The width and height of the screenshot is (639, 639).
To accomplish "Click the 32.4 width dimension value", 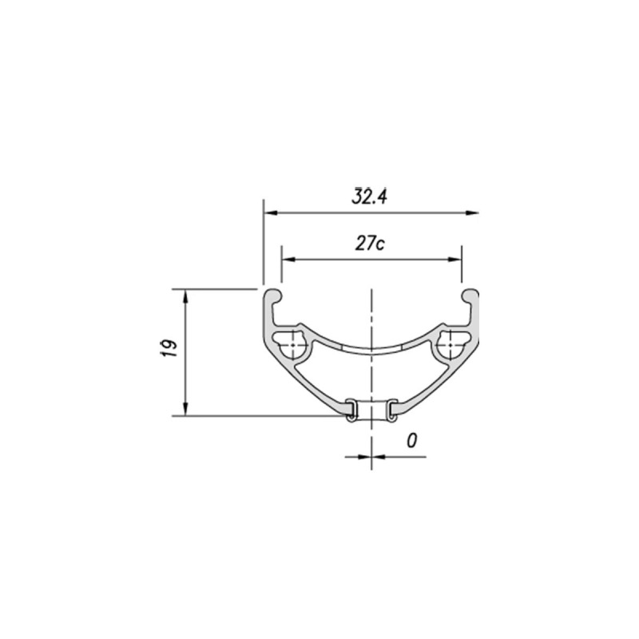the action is click(x=370, y=196).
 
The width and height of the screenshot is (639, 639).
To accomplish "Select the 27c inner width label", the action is click(x=370, y=244).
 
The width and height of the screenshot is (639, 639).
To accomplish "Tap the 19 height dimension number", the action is click(x=169, y=348).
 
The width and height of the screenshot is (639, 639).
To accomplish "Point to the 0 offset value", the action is click(x=412, y=441).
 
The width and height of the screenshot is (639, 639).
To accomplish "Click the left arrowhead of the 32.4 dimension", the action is click(x=270, y=212).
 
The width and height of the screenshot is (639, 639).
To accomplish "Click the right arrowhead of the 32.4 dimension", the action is click(x=472, y=212).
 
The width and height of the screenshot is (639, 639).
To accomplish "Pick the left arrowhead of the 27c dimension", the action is click(x=288, y=260).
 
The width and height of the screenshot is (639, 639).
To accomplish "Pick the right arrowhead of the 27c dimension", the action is click(x=454, y=260).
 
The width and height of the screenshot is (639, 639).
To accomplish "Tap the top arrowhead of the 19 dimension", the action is click(x=186, y=296).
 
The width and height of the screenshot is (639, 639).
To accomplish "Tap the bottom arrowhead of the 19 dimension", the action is click(x=186, y=409).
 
